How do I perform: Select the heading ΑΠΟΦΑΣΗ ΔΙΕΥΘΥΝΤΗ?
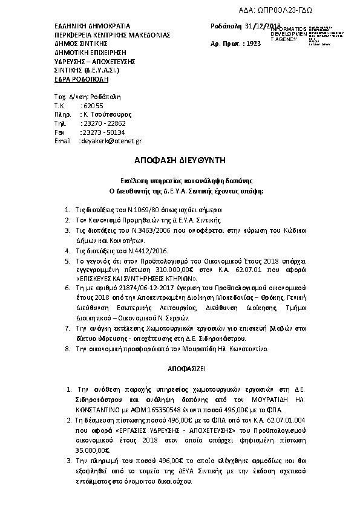[x=180, y=160]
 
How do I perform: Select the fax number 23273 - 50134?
[x=103, y=132]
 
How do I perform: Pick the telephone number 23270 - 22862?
[x=103, y=123]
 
